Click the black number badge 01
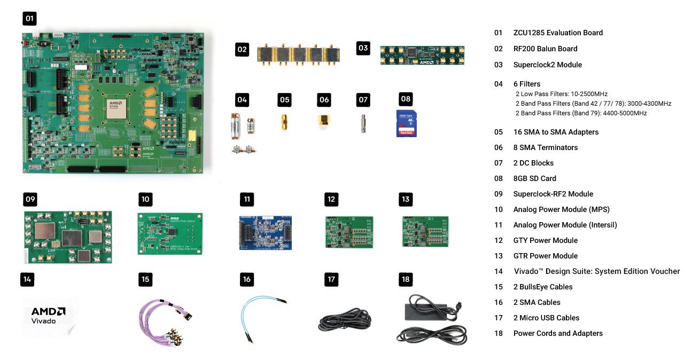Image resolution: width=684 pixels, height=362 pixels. [x=29, y=19]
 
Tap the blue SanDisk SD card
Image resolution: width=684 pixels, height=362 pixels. [x=406, y=123]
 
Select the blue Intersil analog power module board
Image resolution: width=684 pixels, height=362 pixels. [x=265, y=232]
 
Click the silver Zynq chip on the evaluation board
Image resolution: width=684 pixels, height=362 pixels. [x=116, y=108]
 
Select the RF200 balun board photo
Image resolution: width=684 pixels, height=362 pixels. [x=299, y=56]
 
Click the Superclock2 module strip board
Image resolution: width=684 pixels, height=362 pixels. [x=422, y=55]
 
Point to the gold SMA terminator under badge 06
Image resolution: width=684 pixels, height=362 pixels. [x=323, y=121]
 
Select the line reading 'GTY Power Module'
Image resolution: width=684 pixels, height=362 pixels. [x=545, y=240]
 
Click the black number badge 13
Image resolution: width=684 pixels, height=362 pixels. [x=406, y=200]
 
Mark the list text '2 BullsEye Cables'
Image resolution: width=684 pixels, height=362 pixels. [x=542, y=287]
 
